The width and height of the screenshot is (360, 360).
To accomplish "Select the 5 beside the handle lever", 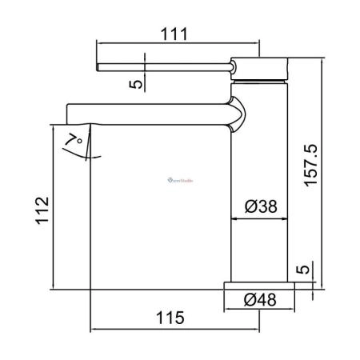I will coord(136,81).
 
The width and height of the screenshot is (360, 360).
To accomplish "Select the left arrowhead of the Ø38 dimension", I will coord(235,217).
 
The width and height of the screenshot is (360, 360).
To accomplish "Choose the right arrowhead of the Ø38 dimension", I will coord(283,217).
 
